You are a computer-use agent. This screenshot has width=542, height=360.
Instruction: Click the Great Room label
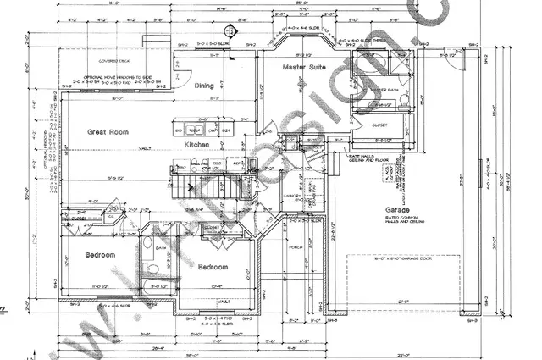(x=108, y=132)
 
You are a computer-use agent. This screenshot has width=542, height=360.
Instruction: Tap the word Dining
(x=204, y=86)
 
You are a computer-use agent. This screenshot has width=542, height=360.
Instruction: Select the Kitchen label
(x=196, y=146)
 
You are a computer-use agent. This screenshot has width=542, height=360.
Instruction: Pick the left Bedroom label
(x=101, y=256)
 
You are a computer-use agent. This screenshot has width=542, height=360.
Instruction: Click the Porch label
(x=296, y=248)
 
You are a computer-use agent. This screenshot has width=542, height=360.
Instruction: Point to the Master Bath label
(x=384, y=89)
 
